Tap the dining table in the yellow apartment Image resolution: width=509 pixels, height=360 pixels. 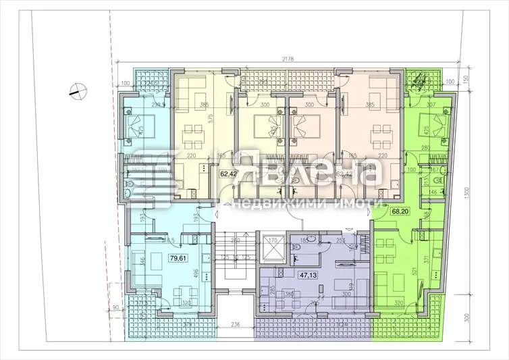[196, 136]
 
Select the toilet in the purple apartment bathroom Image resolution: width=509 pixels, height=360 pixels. [297, 249]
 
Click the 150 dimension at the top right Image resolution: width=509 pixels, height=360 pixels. [466, 77]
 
